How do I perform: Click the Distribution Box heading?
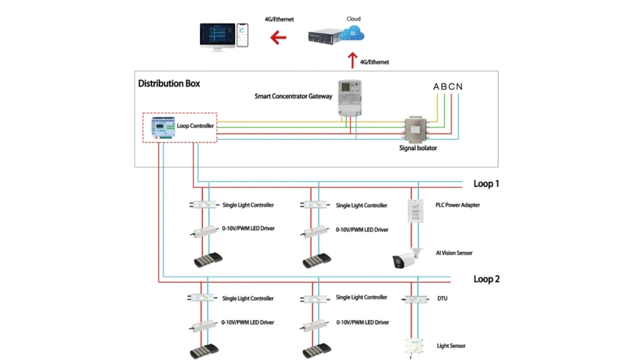[x=169, y=83]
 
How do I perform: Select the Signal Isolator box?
[x=417, y=130]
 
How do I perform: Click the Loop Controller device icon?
[x=161, y=127]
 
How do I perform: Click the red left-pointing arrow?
[x=278, y=38]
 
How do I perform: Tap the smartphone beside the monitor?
[x=242, y=36]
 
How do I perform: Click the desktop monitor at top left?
[x=216, y=37]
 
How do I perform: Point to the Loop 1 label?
[x=486, y=184]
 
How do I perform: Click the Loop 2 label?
[x=486, y=279]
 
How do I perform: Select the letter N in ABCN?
[x=459, y=86]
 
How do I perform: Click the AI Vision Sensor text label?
[x=454, y=253]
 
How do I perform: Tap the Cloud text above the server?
[x=354, y=19]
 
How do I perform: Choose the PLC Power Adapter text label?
[x=458, y=204]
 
